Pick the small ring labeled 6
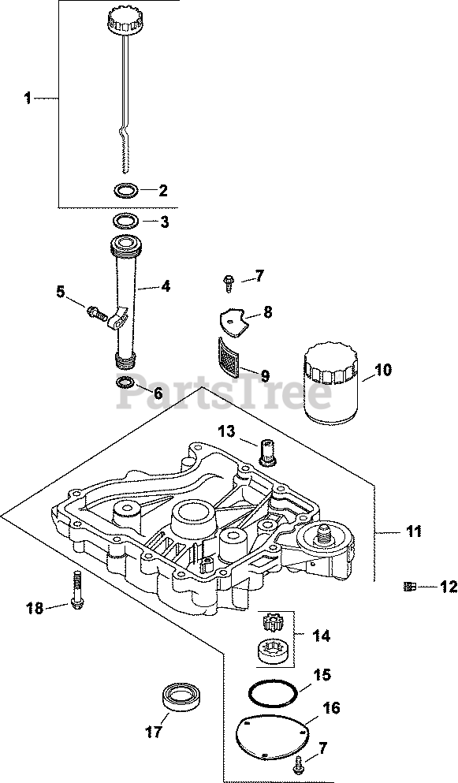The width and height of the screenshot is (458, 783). click(125, 383)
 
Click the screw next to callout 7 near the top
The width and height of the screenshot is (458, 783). click(229, 283)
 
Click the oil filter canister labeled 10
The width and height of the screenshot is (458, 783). click(330, 383)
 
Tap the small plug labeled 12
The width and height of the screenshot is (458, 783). click(409, 587)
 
